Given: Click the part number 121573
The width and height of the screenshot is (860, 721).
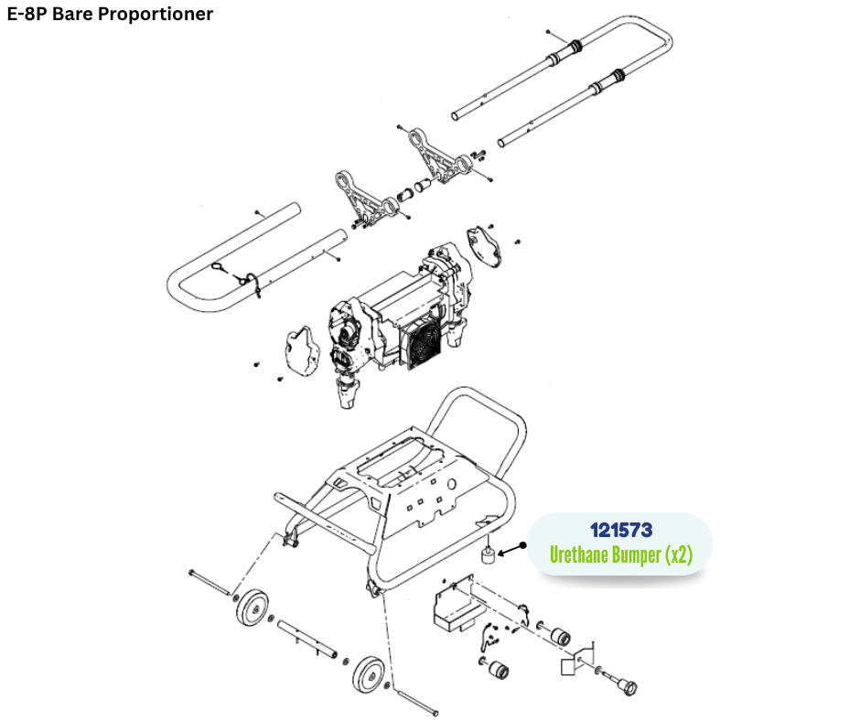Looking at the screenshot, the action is click(x=621, y=530).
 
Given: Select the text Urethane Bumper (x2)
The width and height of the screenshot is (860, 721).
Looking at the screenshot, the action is click(x=621, y=554).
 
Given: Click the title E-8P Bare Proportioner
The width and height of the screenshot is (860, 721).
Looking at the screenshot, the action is click(x=110, y=14).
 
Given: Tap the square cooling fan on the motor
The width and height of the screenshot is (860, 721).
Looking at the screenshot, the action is click(x=420, y=343).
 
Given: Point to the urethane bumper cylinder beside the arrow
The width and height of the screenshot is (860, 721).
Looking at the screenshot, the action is click(x=489, y=555).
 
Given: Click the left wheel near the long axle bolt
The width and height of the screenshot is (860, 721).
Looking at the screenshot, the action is click(x=252, y=607).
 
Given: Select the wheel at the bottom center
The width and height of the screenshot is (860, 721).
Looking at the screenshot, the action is click(x=367, y=673).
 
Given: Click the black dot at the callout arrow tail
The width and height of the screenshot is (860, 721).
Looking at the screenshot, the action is click(x=522, y=545).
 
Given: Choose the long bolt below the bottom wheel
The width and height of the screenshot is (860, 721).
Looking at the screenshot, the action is click(x=417, y=703).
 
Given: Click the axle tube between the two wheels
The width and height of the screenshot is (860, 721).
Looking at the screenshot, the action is click(x=306, y=638).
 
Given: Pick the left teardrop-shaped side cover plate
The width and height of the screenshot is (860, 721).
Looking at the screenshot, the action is click(x=301, y=351).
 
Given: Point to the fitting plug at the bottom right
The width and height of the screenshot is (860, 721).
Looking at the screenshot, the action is click(x=624, y=683).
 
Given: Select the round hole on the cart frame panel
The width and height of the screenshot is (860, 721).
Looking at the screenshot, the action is click(x=452, y=485).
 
